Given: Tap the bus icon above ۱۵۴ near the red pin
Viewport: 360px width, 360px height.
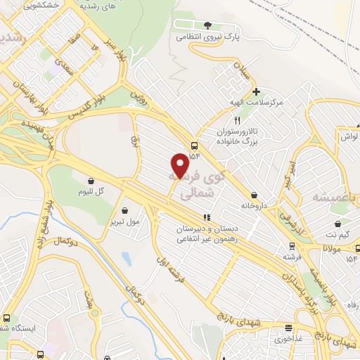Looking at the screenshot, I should click(193, 146).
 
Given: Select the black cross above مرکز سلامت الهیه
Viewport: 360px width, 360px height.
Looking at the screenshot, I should click(257, 91).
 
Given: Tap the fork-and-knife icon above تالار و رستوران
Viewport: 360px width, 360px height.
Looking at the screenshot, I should click(237, 120).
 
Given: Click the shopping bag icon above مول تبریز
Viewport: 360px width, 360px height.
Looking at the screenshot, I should click(125, 210).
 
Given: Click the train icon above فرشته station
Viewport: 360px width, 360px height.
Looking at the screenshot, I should click(292, 246).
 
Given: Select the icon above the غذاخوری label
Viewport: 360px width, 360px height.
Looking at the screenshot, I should click(288, 328).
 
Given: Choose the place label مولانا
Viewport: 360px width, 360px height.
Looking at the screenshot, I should click(333, 248).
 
